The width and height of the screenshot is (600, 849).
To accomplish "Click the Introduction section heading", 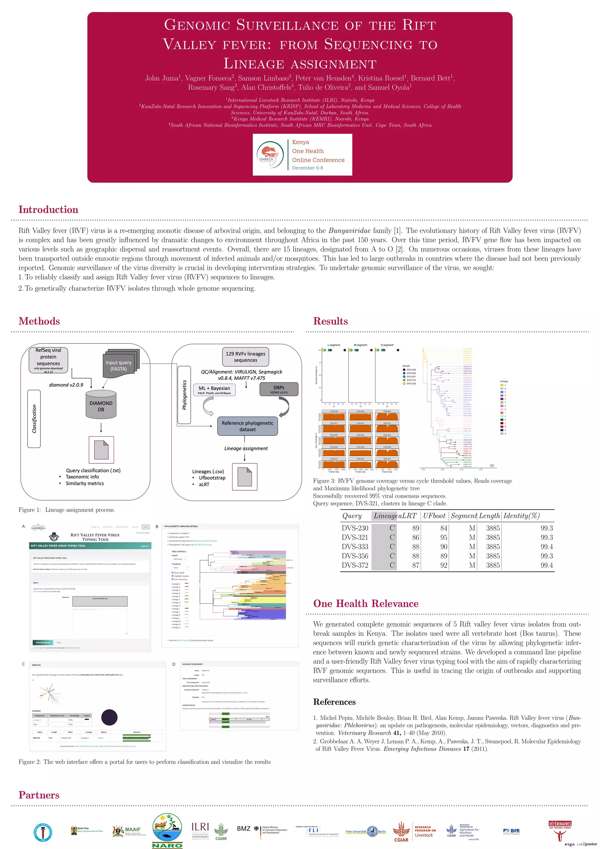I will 48,210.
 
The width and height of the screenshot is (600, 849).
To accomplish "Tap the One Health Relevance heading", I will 365,604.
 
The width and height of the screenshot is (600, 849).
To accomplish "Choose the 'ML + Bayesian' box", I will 214,390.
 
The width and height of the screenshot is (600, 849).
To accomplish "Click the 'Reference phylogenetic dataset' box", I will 247,426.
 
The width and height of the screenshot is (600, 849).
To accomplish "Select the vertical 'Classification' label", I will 34,418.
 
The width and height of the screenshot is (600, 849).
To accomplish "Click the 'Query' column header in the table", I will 352,516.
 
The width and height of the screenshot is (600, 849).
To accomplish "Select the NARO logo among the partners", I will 167,830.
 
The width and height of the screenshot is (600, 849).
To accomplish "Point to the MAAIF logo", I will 129,831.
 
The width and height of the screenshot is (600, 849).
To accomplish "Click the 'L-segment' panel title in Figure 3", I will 334,345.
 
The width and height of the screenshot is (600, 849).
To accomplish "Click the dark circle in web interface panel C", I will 109,717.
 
